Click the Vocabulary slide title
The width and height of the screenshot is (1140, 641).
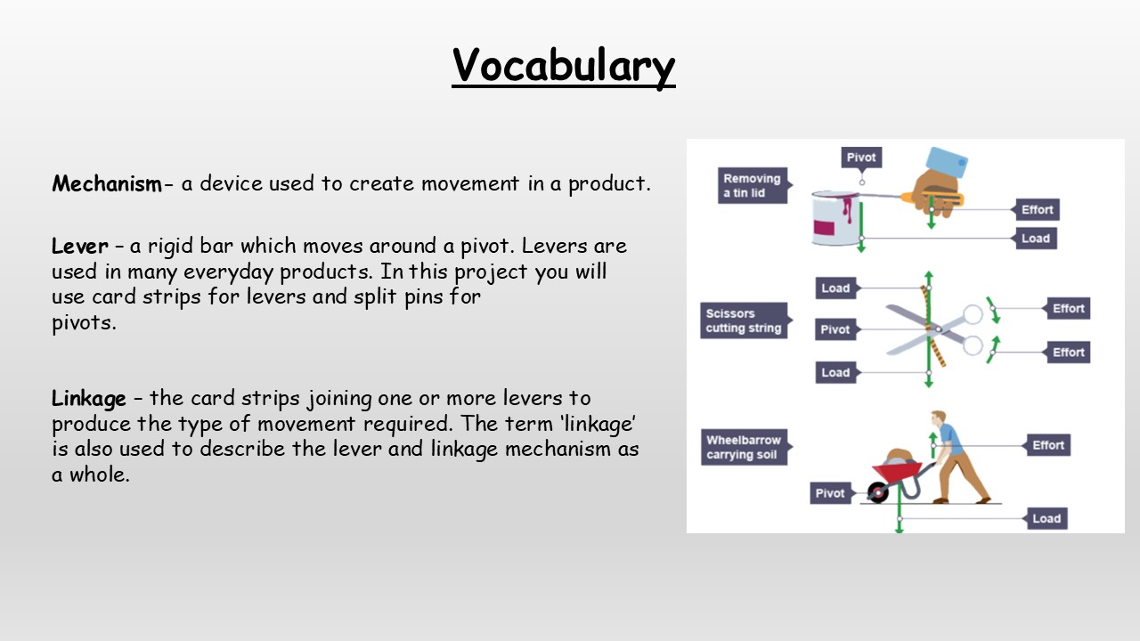[x=563, y=65]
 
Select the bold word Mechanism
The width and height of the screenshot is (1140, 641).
[x=107, y=184]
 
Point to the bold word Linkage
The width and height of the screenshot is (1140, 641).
[x=89, y=398]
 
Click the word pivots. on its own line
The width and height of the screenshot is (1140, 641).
[x=84, y=322]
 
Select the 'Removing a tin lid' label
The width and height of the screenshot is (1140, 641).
[x=752, y=185]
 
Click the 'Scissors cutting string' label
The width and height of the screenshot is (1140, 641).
[x=744, y=320]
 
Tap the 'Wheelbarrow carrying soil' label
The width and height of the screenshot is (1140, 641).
[x=744, y=447]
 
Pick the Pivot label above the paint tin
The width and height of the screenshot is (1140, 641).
[x=861, y=158]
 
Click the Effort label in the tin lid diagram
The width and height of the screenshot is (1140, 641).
[x=1037, y=210]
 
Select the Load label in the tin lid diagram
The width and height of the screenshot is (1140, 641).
[x=1035, y=239]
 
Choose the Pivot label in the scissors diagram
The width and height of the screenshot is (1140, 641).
[x=835, y=329]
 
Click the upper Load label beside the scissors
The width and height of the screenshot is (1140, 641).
[x=835, y=288]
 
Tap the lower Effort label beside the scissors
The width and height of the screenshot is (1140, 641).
[x=1068, y=352]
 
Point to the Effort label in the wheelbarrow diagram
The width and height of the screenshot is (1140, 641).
[x=1048, y=445]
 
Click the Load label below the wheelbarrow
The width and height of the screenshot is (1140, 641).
[x=1046, y=518]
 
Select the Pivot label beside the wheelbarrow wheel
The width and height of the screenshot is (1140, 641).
[x=829, y=493]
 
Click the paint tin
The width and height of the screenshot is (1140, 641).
[x=835, y=219]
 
